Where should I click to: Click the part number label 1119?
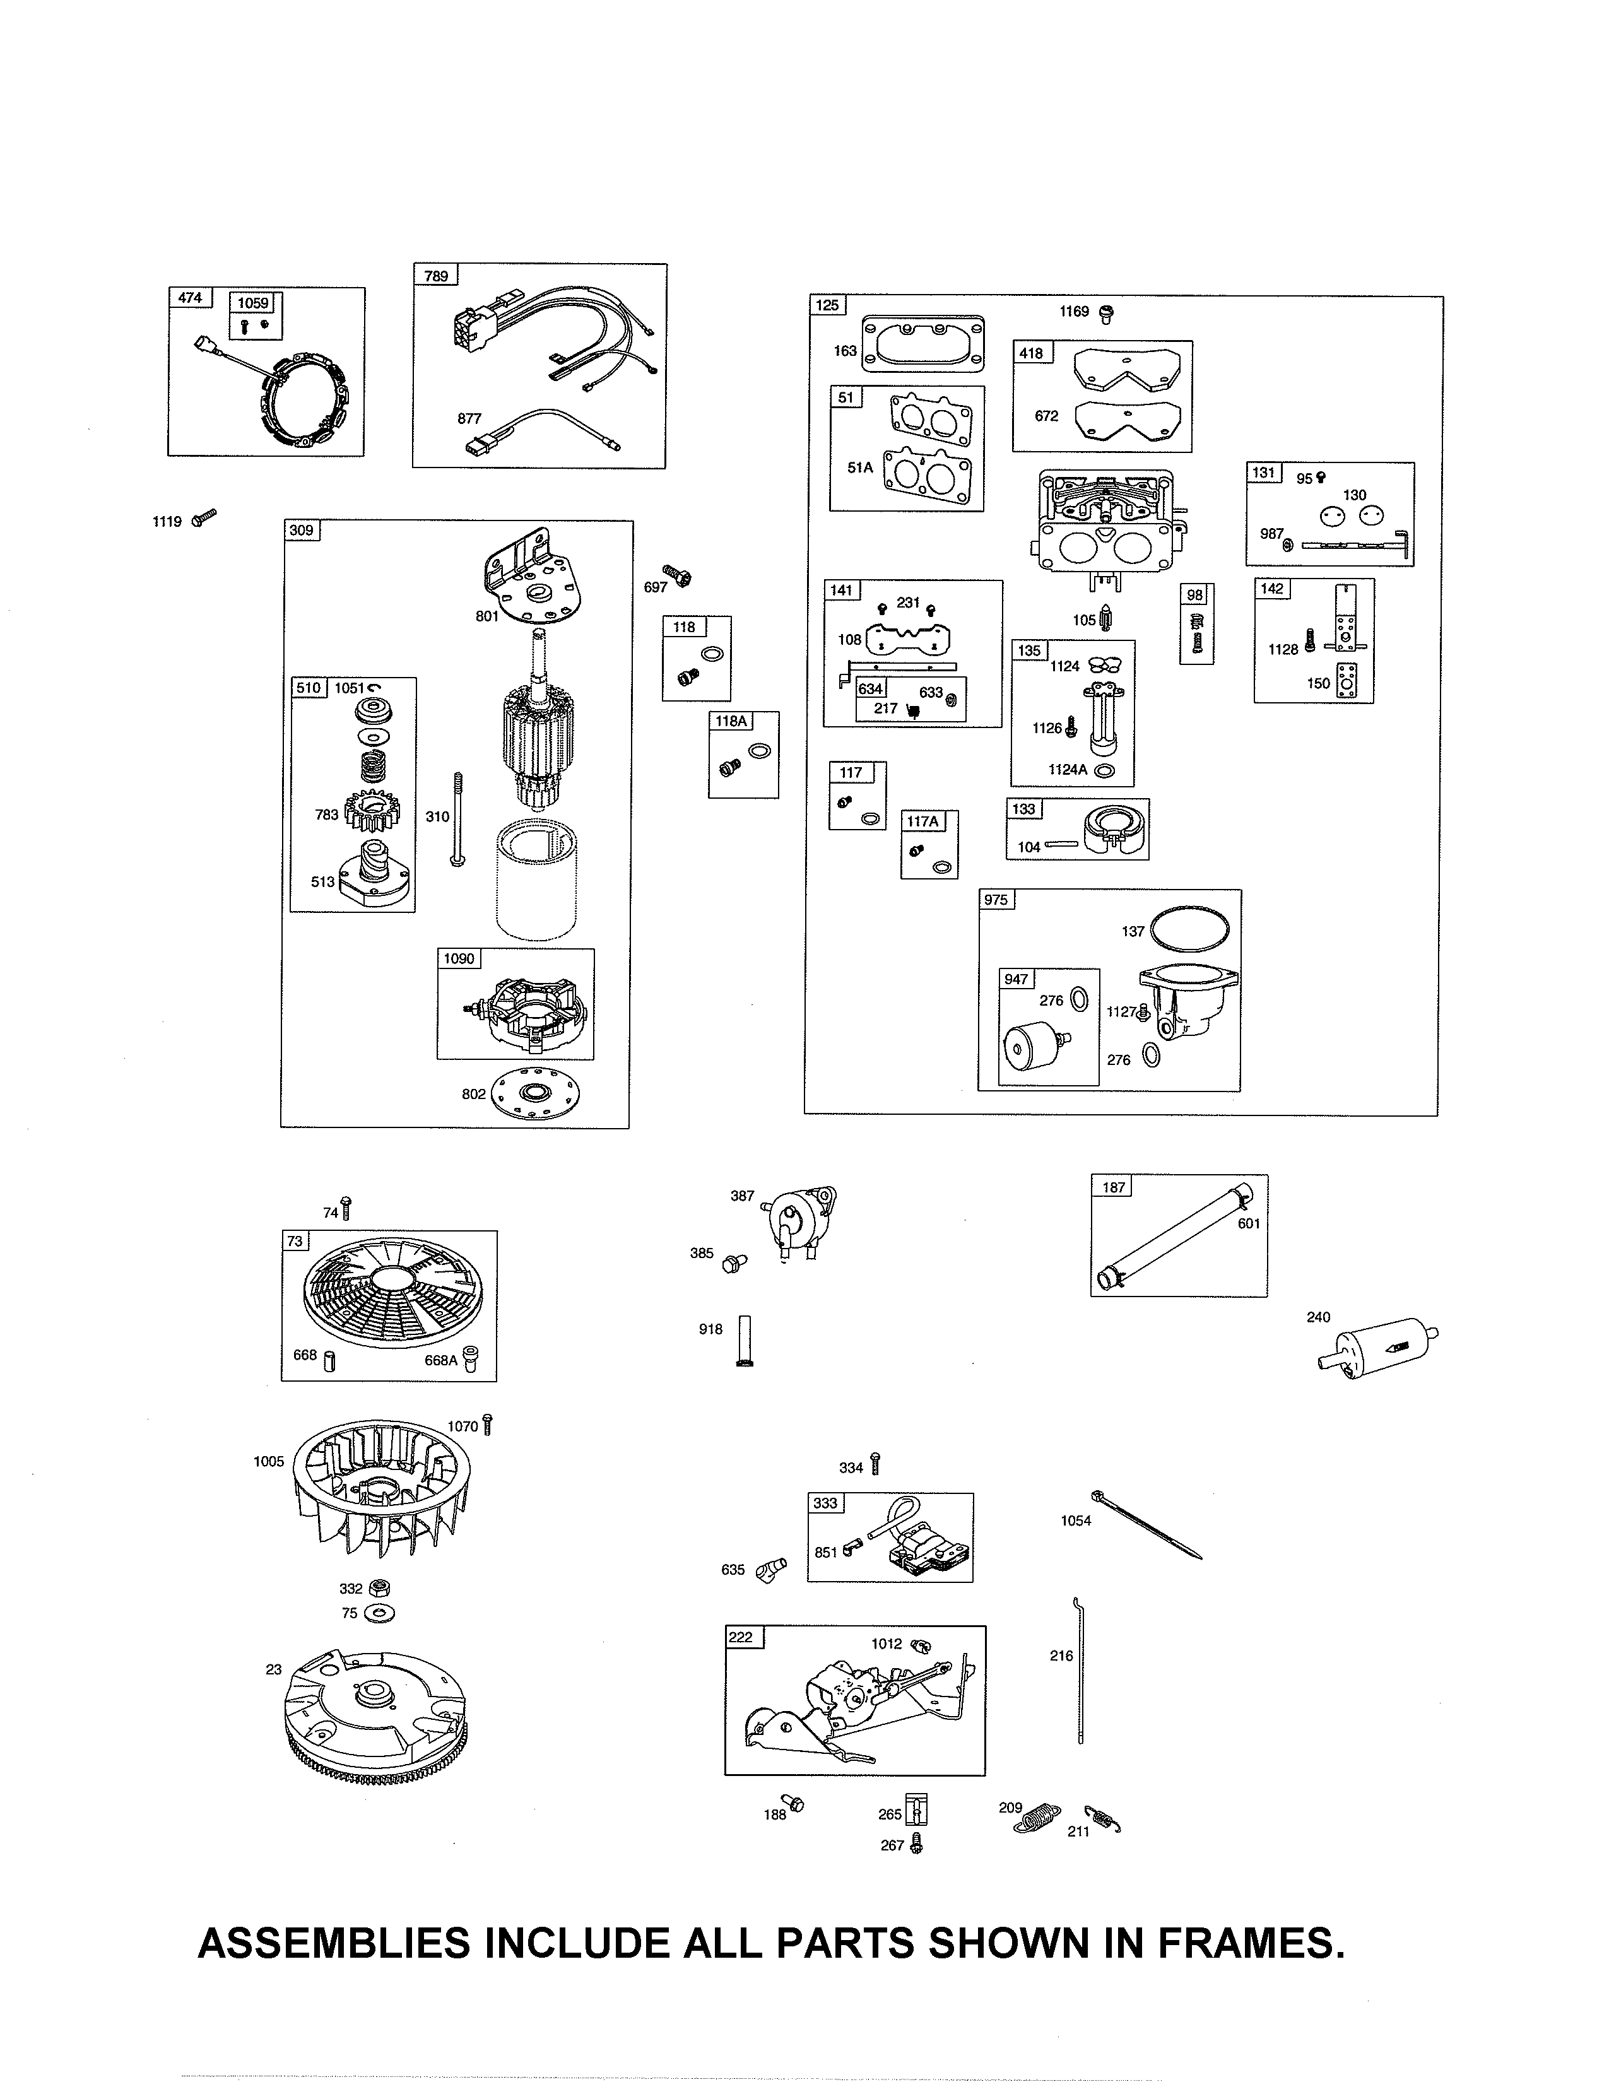coord(167,522)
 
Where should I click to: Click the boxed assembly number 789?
coord(435,276)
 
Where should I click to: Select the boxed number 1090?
coord(459,958)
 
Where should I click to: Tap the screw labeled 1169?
coord(1107,312)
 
